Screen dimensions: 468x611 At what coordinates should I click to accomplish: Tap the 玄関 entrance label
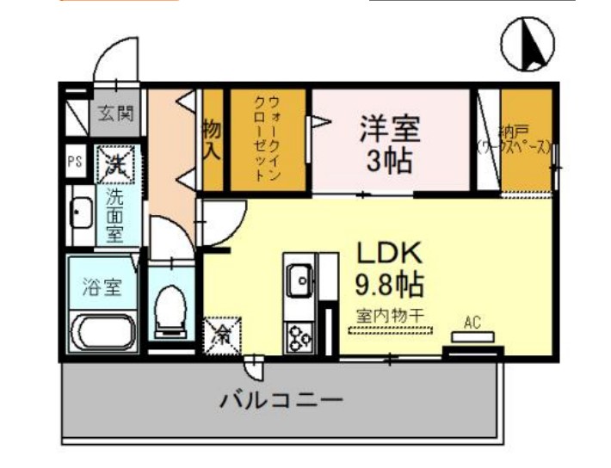click(x=113, y=113)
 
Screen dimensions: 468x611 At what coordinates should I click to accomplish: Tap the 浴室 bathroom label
click(x=101, y=286)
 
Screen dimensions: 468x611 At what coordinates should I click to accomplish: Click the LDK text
click(x=388, y=253)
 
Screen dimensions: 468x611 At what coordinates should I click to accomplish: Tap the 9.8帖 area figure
click(x=388, y=284)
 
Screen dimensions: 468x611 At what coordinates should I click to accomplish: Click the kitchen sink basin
click(x=300, y=277)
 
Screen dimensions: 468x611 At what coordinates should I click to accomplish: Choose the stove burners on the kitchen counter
click(x=300, y=336)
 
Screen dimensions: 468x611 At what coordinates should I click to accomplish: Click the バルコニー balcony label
click(x=281, y=401)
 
